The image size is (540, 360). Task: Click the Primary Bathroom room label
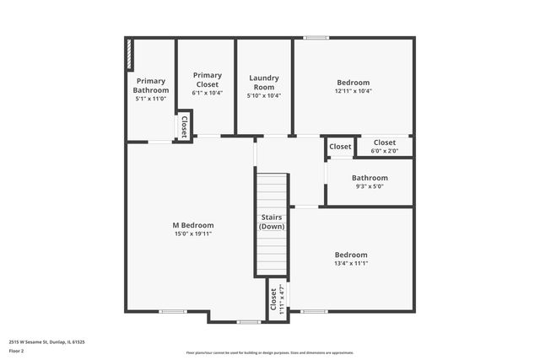[152, 85]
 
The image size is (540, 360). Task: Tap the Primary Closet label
[207, 80]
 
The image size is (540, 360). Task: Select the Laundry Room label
[264, 83]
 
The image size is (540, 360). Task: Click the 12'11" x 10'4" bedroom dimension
[354, 91]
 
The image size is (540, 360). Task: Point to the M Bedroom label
[193, 225]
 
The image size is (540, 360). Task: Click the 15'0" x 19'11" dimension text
[193, 234]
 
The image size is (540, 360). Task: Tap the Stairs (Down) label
[272, 223]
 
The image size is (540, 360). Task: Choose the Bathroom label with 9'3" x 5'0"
[370, 178]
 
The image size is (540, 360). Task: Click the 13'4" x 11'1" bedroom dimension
[351, 263]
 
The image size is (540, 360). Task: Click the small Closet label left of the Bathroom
[340, 147]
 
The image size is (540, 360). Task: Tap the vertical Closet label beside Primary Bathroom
[184, 126]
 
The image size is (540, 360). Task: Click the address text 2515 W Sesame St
[47, 342]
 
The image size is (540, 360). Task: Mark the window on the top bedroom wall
[316, 37]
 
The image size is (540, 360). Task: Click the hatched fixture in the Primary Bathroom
[129, 54]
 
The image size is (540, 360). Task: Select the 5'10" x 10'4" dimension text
[264, 95]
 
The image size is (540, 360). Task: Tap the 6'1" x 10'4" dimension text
[207, 93]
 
